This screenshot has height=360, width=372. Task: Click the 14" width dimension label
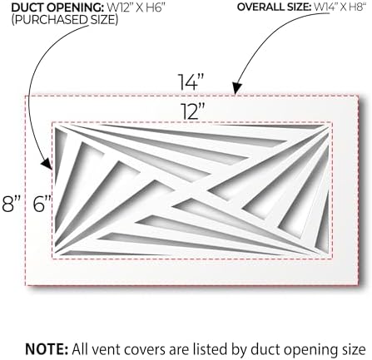[191, 82]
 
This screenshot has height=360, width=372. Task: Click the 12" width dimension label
[193, 111]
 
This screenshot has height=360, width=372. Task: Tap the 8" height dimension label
[11, 204]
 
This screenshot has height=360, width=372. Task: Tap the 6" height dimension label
[42, 204]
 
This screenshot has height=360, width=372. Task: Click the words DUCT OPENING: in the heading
[57, 7]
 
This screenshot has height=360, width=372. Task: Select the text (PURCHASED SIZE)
[65, 20]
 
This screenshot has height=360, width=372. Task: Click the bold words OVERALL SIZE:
[274, 7]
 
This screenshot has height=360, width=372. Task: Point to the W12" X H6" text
[138, 7]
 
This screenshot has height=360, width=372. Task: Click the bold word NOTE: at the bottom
[47, 349]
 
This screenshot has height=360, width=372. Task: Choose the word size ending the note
[353, 350]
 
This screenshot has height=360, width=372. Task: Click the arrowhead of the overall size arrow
[236, 88]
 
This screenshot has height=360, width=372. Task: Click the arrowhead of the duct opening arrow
[47, 164]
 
